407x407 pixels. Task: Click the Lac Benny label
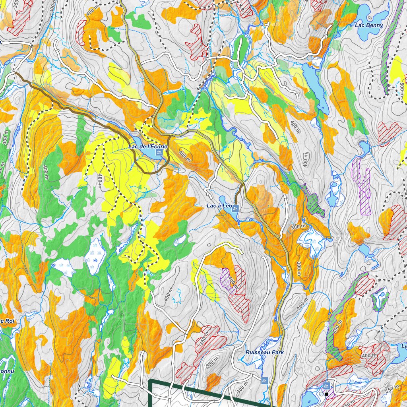pos(369,25)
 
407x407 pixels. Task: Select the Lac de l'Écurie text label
pos(148,147)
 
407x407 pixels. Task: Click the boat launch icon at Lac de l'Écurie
pos(159,153)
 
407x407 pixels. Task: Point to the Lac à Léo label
pos(219,206)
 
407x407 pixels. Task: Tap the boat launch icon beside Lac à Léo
pos(235,209)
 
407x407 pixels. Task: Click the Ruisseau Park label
pos(264,352)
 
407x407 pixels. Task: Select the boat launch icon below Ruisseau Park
pos(265,380)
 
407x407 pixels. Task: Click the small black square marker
pos(326,394)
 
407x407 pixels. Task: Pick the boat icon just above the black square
pos(326,386)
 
